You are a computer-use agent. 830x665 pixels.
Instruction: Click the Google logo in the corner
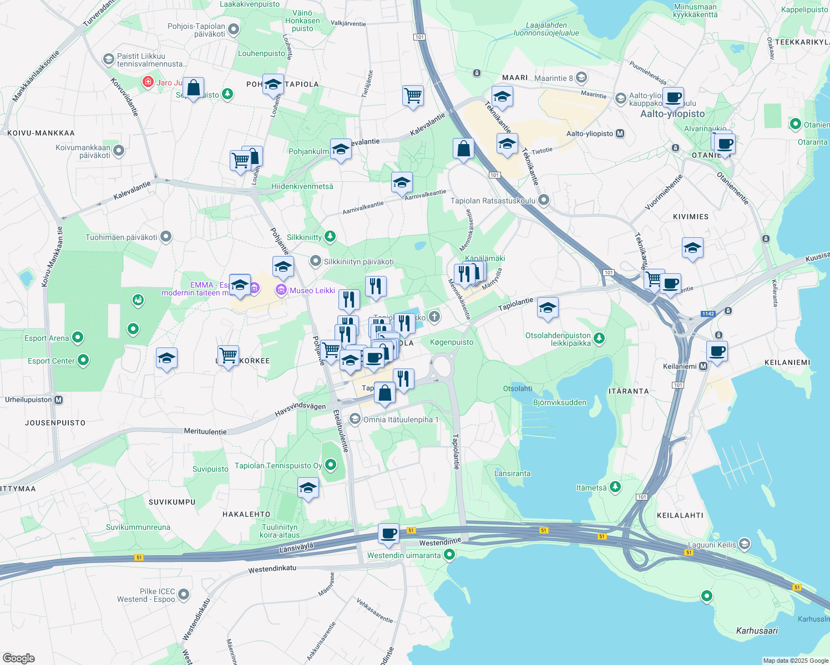pyautogui.click(x=18, y=658)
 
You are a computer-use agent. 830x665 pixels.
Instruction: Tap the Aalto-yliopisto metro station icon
pyautogui.click(x=620, y=134)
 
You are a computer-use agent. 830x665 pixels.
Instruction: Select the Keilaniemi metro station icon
pyautogui.click(x=704, y=366)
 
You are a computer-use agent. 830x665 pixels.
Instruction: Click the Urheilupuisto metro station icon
pyautogui.click(x=59, y=400)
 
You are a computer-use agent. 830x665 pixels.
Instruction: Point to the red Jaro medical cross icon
pyautogui.click(x=148, y=83)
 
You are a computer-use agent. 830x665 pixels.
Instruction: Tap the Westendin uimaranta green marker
pyautogui.click(x=449, y=554)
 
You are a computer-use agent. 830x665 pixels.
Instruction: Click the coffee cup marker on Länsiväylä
pyautogui.click(x=389, y=533)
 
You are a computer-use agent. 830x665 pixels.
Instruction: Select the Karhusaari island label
pyautogui.click(x=757, y=631)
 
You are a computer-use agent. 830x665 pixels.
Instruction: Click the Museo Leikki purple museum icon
pyautogui.click(x=281, y=290)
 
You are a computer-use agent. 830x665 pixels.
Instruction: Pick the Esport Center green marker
pyautogui.click(x=83, y=361)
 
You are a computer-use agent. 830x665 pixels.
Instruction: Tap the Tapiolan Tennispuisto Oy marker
pyautogui.click(x=331, y=465)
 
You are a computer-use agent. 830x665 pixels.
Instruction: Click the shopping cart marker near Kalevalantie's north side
pyautogui.click(x=413, y=95)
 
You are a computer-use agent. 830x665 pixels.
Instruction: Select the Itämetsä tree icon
pyautogui.click(x=615, y=487)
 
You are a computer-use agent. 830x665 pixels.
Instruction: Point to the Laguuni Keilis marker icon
pyautogui.click(x=744, y=544)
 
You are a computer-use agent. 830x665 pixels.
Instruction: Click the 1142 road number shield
pyautogui.click(x=708, y=314)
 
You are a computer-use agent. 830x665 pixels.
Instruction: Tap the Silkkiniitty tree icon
pyautogui.click(x=330, y=237)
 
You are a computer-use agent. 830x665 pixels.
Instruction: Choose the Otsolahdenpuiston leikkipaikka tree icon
pyautogui.click(x=599, y=338)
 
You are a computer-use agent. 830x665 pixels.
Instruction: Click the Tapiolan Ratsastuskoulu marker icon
pyautogui.click(x=544, y=200)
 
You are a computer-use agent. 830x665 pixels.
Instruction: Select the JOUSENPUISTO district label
pyautogui.click(x=55, y=423)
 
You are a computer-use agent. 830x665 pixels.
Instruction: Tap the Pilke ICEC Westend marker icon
pyautogui.click(x=184, y=595)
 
